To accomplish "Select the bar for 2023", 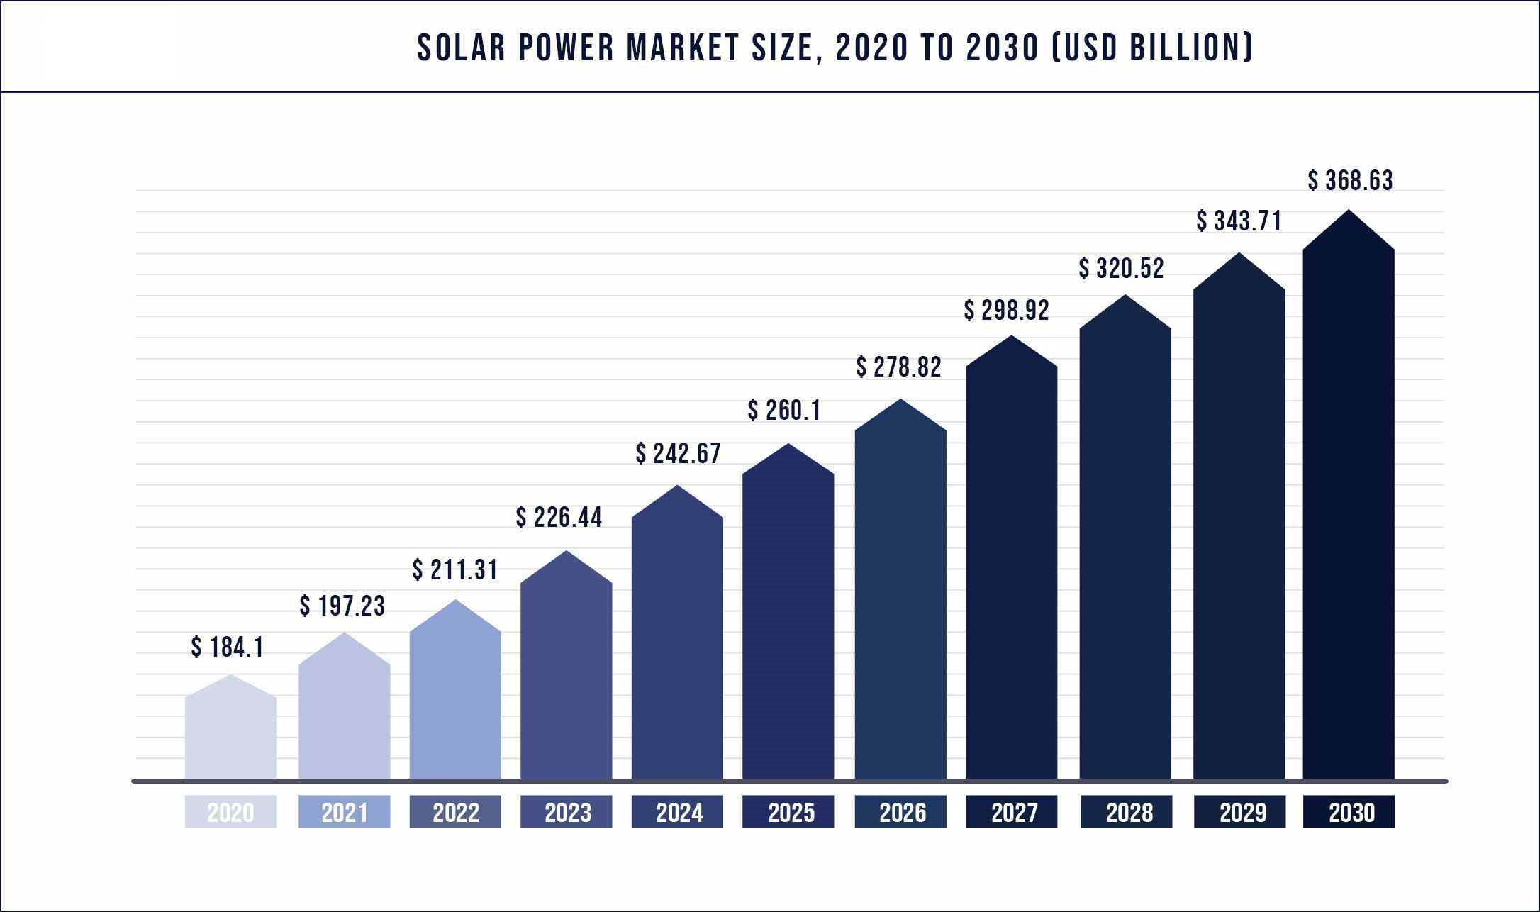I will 566,674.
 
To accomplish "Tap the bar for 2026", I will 900,603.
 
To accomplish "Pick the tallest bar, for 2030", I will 1349,511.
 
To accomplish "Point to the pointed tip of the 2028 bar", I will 1125,296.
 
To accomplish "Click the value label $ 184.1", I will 227,647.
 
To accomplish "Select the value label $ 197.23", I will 342,606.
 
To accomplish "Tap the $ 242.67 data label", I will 678,453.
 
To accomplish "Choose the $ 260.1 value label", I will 783,410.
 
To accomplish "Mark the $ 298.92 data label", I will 1006,310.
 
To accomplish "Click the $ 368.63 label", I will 1350,180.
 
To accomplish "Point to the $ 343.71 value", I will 1239,221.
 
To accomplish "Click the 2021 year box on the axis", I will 344,812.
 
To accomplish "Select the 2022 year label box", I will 455,812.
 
